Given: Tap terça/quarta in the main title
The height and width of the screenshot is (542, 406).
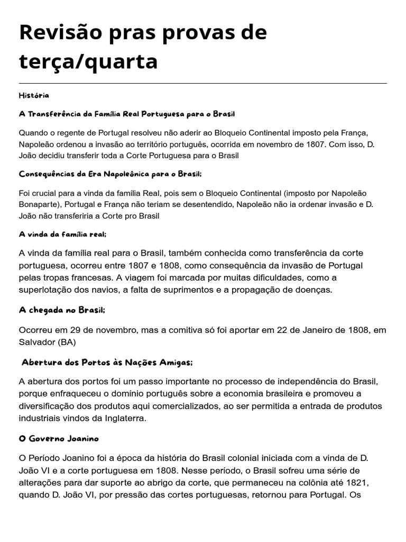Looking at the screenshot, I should tap(88, 61).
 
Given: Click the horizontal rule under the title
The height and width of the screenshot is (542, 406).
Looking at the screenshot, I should tap(202, 83).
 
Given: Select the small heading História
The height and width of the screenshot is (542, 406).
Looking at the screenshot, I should tap(34, 95).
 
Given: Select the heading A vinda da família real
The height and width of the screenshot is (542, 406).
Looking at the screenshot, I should tap(66, 234).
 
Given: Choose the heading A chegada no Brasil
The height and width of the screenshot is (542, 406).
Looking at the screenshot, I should tap(66, 310).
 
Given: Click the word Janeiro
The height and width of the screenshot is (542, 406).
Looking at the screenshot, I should tap(303, 330).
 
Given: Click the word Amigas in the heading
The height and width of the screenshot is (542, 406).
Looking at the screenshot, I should tap(175, 363).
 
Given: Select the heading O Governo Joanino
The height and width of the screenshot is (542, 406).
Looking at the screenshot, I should tap(59, 439).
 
